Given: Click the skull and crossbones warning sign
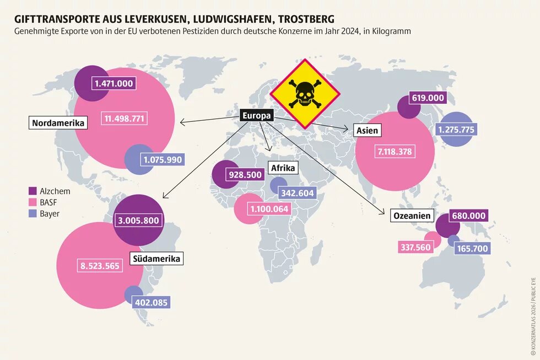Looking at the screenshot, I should pyautogui.click(x=304, y=94).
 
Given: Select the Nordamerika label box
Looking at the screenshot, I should pyautogui.click(x=58, y=123).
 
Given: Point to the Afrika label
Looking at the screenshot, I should pyautogui.click(x=283, y=168).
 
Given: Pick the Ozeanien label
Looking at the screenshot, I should pyautogui.click(x=412, y=216).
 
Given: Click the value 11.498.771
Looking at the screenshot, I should pyautogui.click(x=125, y=119).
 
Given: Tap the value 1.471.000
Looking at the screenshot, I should pyautogui.click(x=114, y=83).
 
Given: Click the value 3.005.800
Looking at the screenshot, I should pyautogui.click(x=138, y=221).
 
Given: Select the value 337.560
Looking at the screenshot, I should pyautogui.click(x=415, y=248).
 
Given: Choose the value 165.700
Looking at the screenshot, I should pyautogui.click(x=473, y=249).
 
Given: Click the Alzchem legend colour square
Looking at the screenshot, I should pyautogui.click(x=32, y=191).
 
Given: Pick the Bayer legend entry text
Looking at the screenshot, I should pyautogui.click(x=50, y=213).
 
